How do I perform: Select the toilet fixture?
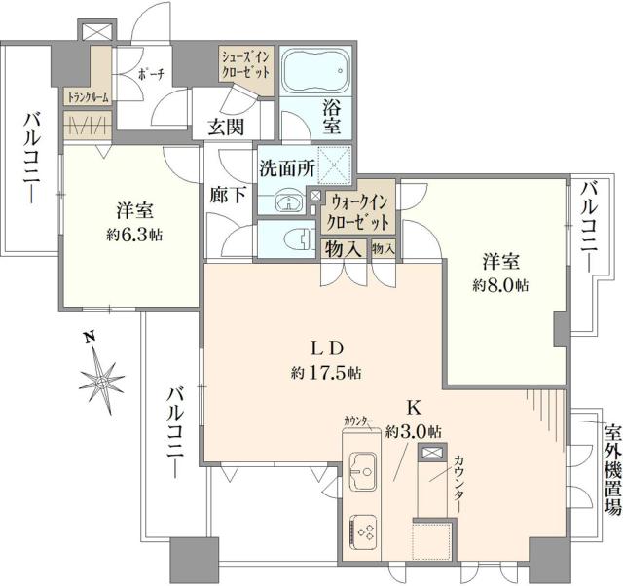point(293,237)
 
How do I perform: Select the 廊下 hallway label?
point(226,195)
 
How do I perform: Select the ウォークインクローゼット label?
point(359,212)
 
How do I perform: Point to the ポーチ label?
point(150,73)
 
